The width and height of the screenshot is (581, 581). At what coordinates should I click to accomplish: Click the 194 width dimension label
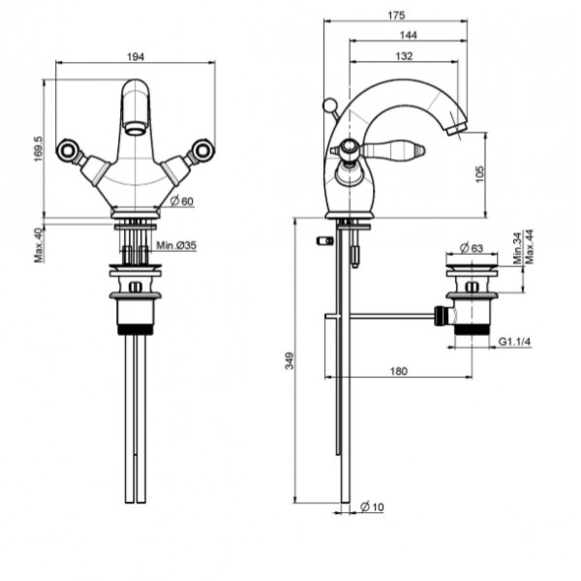click(x=136, y=57)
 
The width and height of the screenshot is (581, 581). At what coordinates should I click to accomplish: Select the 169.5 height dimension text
click(x=39, y=148)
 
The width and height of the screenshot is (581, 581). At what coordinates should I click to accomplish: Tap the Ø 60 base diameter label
click(x=182, y=201)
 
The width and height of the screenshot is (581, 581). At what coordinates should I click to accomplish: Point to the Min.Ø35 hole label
click(x=176, y=245)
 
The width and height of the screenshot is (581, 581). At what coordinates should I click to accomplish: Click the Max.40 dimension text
click(x=39, y=245)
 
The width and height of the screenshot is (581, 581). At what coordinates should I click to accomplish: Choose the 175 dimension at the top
click(x=396, y=15)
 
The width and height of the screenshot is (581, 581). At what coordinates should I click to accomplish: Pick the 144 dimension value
click(x=409, y=35)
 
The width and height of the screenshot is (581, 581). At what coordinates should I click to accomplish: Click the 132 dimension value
click(x=404, y=56)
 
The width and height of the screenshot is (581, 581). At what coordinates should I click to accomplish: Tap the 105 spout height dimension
click(x=479, y=174)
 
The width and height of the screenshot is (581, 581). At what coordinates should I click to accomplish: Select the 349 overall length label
click(x=290, y=360)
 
